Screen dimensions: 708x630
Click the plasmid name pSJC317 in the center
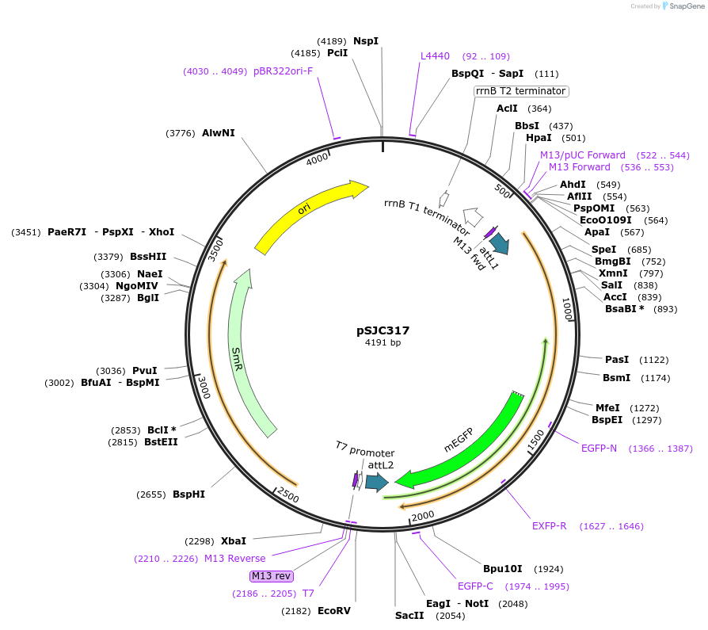coord(383,330)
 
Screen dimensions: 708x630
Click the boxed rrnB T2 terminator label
coord(521,91)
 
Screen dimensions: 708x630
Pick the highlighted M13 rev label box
coord(272,576)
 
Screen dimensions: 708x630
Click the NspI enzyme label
coord(366,41)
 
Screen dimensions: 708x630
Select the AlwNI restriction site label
coord(218,133)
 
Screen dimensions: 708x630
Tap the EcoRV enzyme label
coord(333,611)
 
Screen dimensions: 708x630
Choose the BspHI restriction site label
coord(188,494)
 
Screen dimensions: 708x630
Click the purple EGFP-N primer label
coord(599,449)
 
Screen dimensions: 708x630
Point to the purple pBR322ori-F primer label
coord(283,71)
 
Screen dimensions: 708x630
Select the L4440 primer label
coord(435,56)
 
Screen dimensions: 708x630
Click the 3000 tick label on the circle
coord(204,388)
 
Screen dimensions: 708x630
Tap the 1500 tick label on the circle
coord(536,440)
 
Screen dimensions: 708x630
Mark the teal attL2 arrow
coord(377,483)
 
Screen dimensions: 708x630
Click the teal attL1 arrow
coord(500,243)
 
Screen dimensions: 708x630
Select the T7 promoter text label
coord(365,449)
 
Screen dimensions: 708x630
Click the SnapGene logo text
coord(687,6)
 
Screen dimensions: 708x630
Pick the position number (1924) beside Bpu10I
coord(549,569)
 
